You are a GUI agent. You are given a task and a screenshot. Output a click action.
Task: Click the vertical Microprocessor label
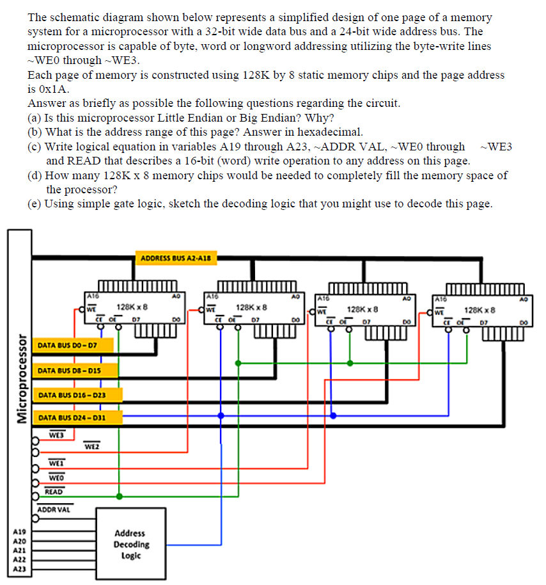[x=21, y=381]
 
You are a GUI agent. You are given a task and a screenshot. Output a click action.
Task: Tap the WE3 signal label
[x=56, y=436]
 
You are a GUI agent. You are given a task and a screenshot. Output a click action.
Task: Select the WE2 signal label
[x=91, y=445]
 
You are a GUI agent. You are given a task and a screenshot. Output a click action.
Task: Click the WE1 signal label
[x=56, y=463]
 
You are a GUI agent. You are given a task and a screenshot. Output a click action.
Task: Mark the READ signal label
[x=54, y=492]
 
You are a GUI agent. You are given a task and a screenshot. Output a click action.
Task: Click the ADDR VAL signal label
[x=53, y=509]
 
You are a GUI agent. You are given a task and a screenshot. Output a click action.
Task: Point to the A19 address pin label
[x=20, y=531]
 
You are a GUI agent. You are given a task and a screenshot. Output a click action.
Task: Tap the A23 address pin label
[x=20, y=568]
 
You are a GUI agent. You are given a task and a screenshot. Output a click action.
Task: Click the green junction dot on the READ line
[x=118, y=496]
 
